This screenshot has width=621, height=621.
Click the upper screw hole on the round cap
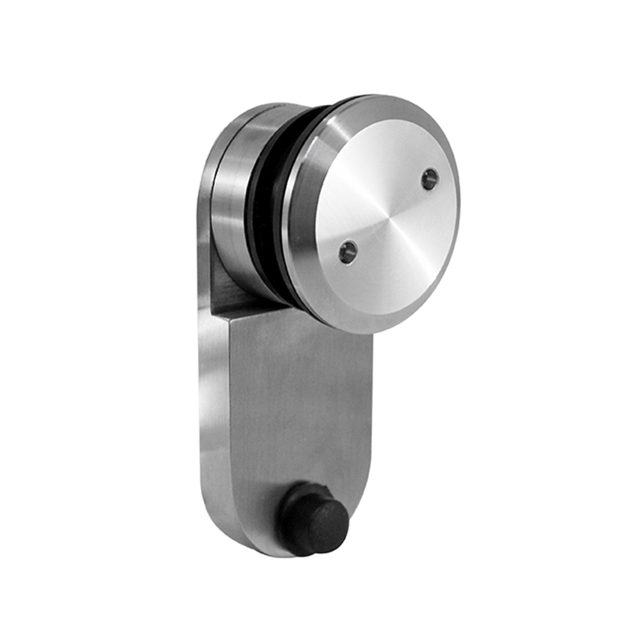tap(430, 179)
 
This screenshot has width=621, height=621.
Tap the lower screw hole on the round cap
tap(347, 252)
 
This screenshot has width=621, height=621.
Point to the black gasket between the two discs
tap(267, 206)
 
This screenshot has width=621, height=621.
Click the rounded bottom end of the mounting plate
tap(267, 549)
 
